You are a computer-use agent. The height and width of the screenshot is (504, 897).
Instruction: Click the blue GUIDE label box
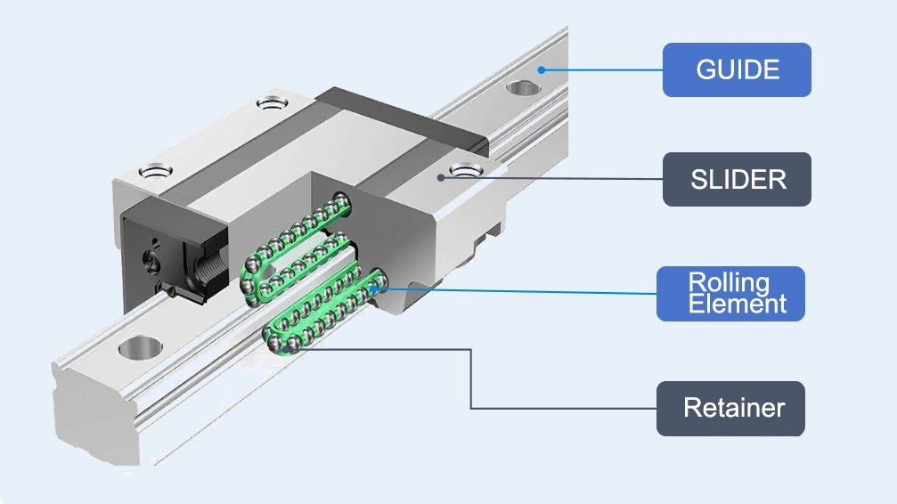(737, 69)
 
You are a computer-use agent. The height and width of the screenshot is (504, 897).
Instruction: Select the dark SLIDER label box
(737, 179)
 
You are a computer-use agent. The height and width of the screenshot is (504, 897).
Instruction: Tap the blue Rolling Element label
(730, 293)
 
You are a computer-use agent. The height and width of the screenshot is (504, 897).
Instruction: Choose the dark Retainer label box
(730, 409)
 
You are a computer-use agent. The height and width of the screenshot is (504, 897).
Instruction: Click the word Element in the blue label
(737, 304)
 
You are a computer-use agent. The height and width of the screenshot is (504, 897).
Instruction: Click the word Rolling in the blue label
(729, 283)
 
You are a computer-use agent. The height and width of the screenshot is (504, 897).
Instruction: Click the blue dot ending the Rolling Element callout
(374, 287)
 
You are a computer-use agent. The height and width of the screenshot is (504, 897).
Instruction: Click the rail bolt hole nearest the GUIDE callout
(525, 88)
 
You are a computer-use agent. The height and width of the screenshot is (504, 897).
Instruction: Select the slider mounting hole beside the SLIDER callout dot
(464, 168)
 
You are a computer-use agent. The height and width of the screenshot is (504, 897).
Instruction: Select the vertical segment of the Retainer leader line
(470, 378)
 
